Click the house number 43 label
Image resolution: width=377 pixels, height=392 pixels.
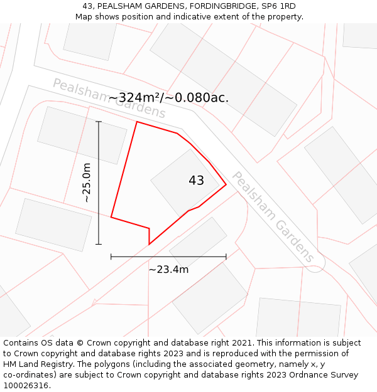tap(196, 181)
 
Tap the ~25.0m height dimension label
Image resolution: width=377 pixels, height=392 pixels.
tap(87, 183)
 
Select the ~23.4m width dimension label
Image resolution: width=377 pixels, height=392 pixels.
tap(168, 270)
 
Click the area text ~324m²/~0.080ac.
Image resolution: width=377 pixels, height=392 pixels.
tap(168, 97)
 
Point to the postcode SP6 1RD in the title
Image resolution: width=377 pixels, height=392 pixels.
tap(277, 6)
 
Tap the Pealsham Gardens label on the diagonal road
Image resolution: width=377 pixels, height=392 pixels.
tap(273, 216)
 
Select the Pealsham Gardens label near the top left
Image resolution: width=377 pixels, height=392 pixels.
tap(108, 98)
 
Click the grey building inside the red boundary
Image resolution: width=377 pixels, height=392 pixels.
tap(179, 188)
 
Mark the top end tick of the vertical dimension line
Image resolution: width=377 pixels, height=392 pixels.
tap(99, 122)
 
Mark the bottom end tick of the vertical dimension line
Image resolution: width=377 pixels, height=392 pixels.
tap(99, 244)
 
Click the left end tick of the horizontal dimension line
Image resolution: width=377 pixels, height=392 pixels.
tap(111, 257)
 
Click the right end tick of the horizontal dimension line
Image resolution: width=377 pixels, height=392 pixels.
tap(226, 257)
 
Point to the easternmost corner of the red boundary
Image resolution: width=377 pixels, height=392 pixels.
tap(226, 185)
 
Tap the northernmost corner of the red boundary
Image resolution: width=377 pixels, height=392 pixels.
tap(137, 122)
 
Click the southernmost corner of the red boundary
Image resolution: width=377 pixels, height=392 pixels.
tap(149, 244)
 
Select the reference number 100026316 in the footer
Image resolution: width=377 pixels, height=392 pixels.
tap(26, 386)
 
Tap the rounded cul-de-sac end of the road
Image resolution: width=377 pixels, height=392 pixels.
tap(315, 263)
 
